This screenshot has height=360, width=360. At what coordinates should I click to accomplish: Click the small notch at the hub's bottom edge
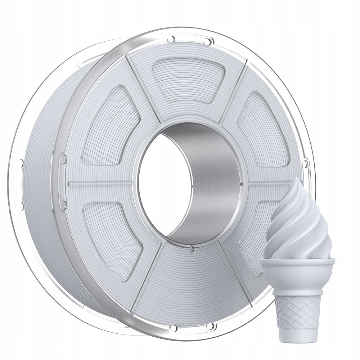[193, 247]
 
